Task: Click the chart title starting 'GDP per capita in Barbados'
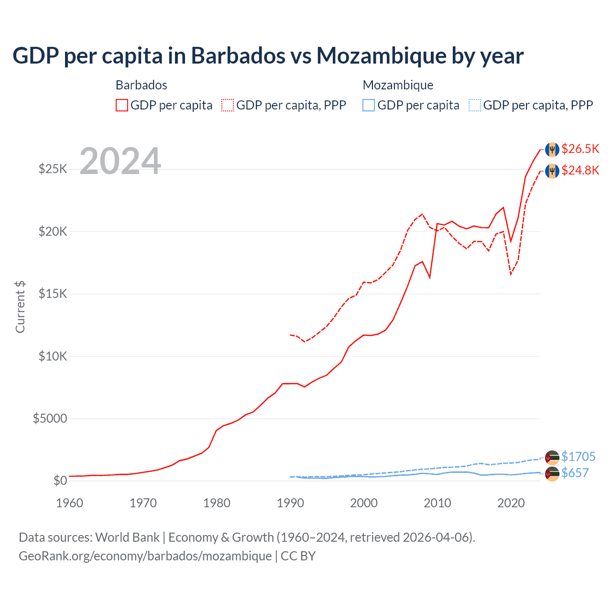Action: click(268, 55)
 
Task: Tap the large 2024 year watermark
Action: click(120, 161)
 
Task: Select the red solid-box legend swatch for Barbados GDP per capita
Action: click(122, 105)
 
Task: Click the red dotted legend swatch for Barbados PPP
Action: click(228, 105)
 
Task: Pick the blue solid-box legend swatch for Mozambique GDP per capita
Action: click(369, 105)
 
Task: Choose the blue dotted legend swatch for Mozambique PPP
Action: click(475, 105)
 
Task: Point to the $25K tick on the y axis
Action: click(53, 169)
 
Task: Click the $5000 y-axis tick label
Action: click(50, 419)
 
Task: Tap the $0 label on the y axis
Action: click(60, 481)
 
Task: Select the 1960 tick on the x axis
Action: click(70, 503)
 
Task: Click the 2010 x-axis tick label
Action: click(437, 503)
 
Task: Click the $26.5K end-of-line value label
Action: click(580, 149)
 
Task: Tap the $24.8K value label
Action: click(580, 170)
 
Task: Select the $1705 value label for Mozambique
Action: click(578, 457)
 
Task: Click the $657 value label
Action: click(575, 473)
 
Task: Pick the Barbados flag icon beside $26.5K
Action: click(552, 149)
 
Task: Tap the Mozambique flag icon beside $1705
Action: click(552, 457)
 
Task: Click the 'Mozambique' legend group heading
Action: click(398, 85)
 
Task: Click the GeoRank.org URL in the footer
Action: click(145, 556)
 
